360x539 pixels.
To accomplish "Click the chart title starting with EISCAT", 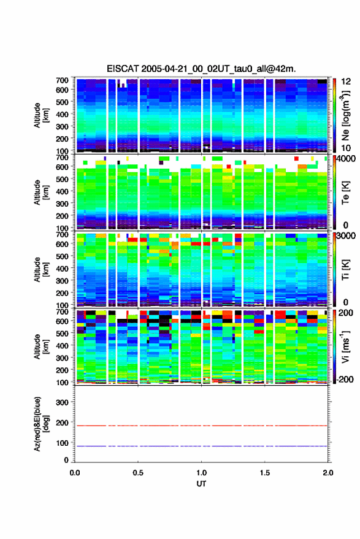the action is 201,69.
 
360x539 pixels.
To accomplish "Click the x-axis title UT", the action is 201,484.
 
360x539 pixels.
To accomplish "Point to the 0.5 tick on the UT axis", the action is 138,473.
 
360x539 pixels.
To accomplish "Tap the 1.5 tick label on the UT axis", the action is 265,473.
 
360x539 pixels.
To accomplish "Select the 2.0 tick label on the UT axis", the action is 328,473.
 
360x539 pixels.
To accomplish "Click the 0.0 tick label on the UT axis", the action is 75,473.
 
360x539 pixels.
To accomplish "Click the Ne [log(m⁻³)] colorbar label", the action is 346,115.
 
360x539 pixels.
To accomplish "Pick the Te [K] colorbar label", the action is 345,193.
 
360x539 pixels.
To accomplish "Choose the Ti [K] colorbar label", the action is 345,270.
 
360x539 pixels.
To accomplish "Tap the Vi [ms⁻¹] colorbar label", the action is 346,346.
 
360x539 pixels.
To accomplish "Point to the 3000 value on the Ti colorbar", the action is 346,236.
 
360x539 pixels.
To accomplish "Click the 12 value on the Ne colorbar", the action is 347,82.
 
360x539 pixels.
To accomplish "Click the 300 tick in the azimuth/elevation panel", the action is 62,402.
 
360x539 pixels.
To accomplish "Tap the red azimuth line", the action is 201,426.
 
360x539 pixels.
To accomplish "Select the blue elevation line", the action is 201,446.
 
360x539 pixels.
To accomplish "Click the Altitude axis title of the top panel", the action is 40,115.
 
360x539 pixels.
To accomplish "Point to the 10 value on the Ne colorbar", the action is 347,148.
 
